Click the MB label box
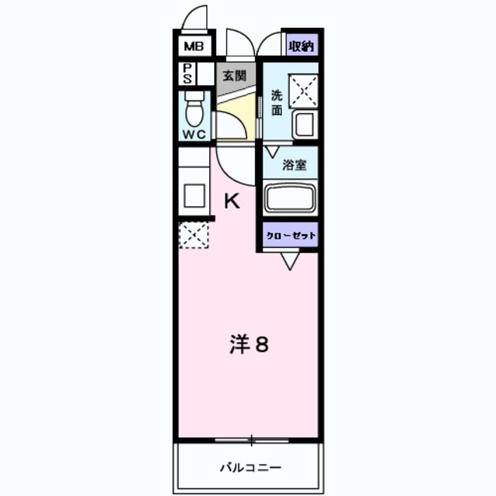[193, 46]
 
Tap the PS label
[188, 74]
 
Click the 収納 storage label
[301, 46]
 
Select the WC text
[194, 133]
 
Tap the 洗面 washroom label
[277, 103]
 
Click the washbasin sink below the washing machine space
[303, 125]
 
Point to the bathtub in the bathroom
[290, 198]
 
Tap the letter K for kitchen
[232, 201]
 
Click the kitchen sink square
[194, 195]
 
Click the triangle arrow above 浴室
[273, 149]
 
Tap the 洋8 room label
[249, 345]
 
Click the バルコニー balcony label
[250, 467]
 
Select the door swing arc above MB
[198, 18]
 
